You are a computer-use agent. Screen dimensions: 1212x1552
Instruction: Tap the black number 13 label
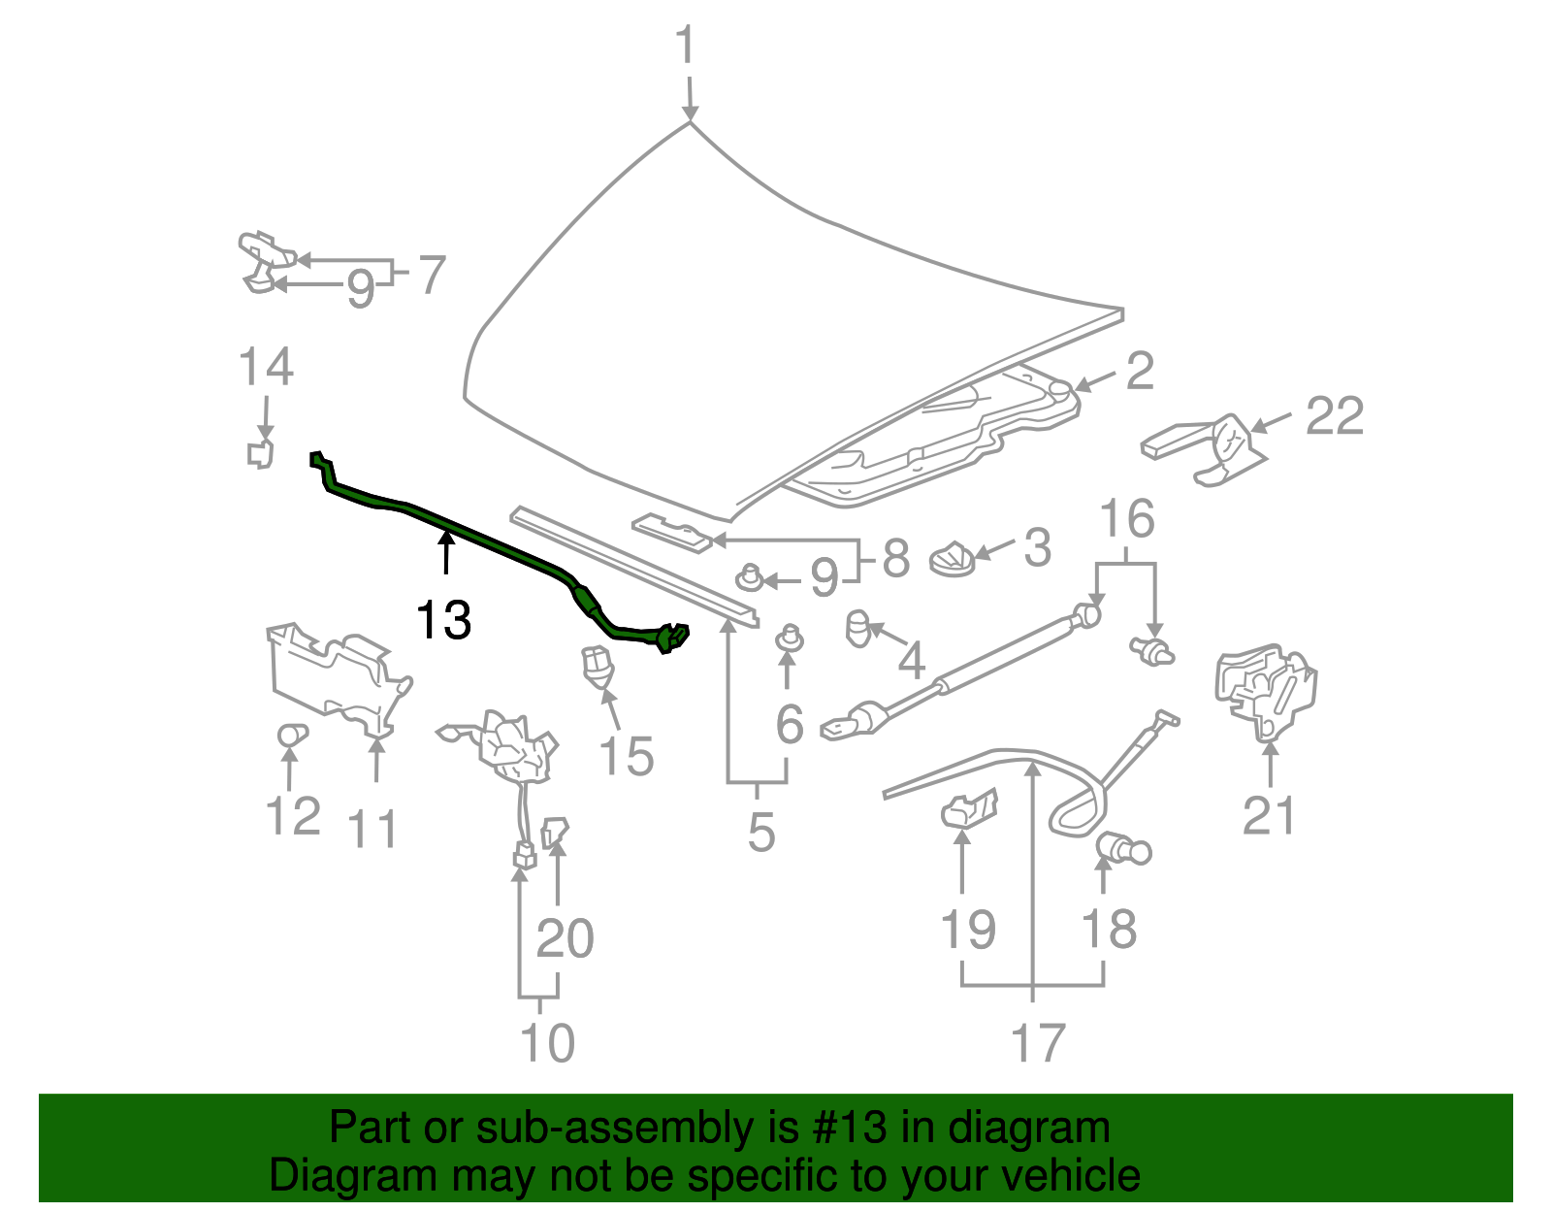(443, 620)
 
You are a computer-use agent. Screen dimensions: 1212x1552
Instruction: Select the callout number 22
(1335, 416)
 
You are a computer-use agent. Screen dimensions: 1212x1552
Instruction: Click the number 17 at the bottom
(1038, 1043)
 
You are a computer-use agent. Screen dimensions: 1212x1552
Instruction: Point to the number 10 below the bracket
(547, 1043)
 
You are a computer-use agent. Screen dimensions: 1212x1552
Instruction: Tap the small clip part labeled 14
(260, 453)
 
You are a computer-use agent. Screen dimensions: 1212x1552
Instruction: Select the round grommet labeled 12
(290, 735)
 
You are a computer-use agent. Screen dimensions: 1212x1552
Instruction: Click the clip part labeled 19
(968, 807)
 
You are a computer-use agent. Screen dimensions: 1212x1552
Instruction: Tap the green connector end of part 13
(673, 637)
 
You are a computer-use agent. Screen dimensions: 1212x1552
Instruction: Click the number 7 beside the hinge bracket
(431, 276)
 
